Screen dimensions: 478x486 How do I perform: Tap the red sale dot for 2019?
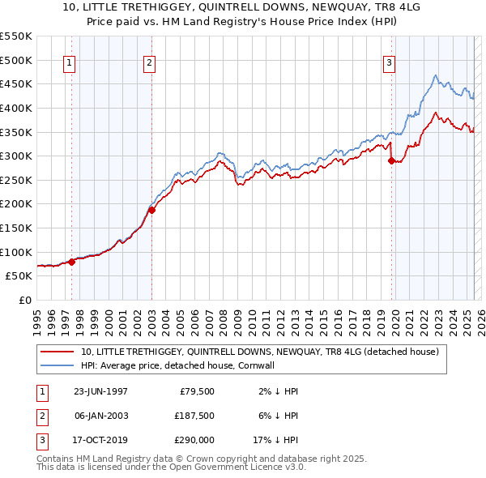[x=392, y=160]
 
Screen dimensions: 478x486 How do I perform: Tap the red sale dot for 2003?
[x=151, y=210]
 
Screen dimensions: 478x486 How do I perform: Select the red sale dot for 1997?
[x=71, y=262]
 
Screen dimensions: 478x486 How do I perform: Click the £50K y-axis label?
[x=19, y=276]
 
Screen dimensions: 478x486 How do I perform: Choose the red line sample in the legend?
[x=59, y=352]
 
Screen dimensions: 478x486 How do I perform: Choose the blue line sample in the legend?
[x=59, y=366]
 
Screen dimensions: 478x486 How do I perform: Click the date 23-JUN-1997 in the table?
[x=100, y=391]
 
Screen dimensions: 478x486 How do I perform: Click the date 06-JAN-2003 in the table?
[x=100, y=416]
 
